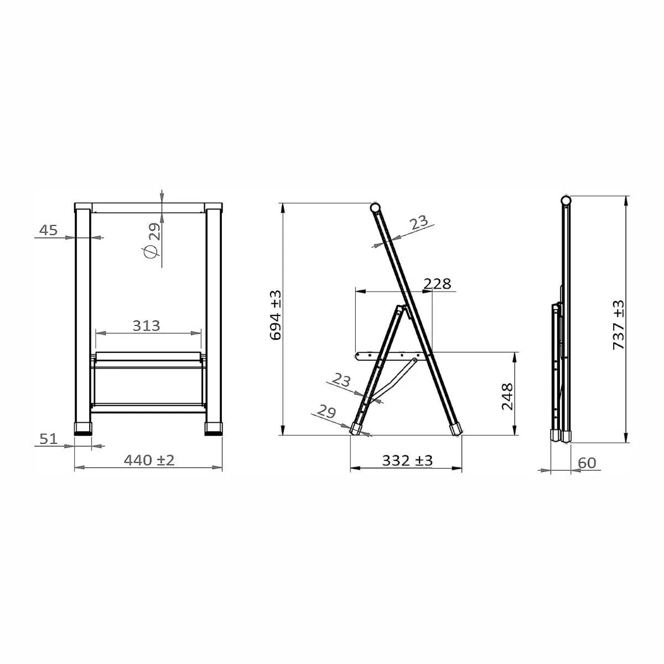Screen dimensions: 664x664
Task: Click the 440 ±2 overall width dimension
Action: [x=149, y=460]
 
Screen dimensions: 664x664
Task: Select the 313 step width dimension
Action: [x=147, y=325]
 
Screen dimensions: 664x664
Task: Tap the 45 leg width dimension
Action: [x=48, y=230]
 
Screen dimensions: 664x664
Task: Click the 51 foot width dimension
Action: [x=49, y=439]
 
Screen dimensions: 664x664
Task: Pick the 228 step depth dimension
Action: [x=437, y=284]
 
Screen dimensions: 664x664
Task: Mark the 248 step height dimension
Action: [x=507, y=396]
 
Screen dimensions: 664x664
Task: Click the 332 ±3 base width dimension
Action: [x=407, y=460]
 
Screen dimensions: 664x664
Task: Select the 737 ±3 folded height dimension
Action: [x=619, y=325]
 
